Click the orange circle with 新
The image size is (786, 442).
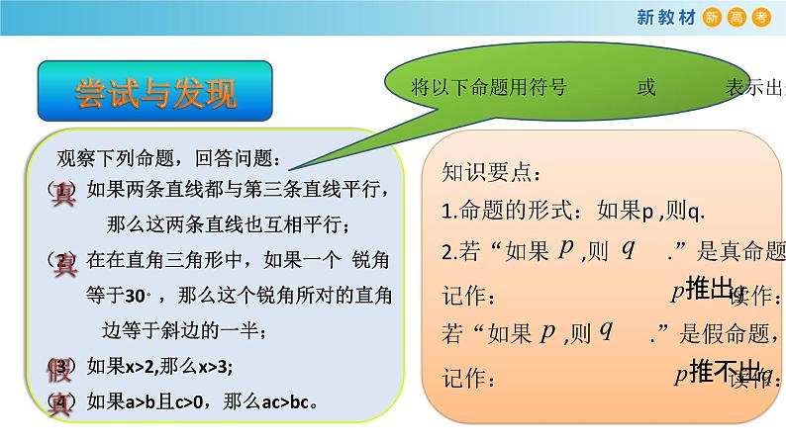713,17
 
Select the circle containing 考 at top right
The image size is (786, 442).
762,17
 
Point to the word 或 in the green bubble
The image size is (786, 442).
646,87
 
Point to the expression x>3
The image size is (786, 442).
210,367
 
